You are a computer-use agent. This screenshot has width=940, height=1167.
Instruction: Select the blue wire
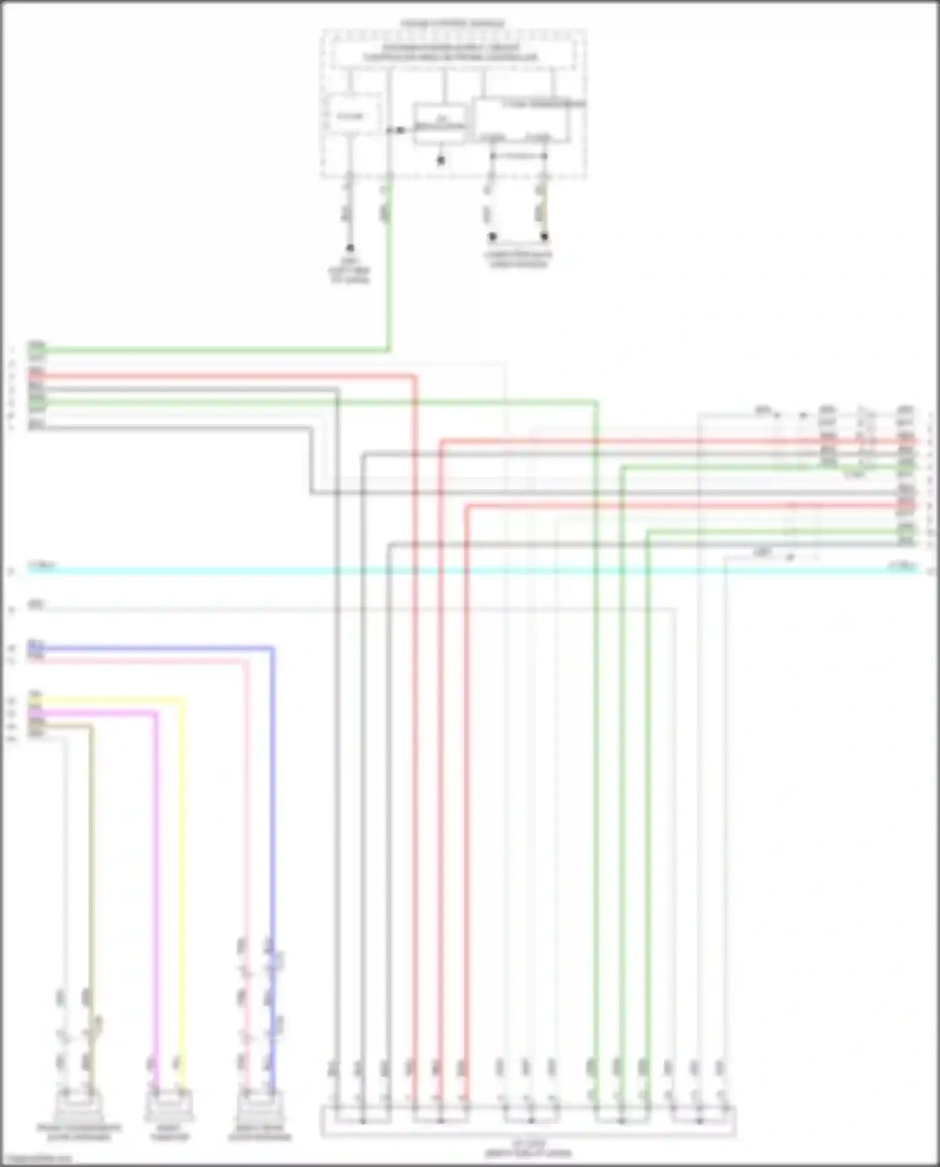(x=272, y=815)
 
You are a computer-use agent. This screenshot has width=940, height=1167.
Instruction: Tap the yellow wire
(x=183, y=878)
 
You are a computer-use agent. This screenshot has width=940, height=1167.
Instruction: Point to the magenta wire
(x=156, y=878)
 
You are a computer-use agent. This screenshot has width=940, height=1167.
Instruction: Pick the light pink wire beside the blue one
(x=246, y=815)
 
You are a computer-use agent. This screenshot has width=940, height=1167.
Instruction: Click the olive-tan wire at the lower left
(x=91, y=878)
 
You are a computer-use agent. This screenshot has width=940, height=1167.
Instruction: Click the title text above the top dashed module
(x=452, y=24)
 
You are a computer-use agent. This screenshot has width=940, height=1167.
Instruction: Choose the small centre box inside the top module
(x=440, y=124)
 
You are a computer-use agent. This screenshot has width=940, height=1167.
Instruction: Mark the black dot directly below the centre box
(x=441, y=161)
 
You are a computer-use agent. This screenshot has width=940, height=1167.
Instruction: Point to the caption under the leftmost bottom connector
(x=78, y=1133)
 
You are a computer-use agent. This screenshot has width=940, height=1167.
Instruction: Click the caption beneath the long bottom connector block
(x=528, y=1148)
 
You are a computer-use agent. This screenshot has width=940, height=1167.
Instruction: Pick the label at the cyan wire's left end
(x=42, y=566)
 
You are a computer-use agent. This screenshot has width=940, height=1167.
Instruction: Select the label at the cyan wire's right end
(x=902, y=566)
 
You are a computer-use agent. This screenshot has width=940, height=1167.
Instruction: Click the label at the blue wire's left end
(x=36, y=644)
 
